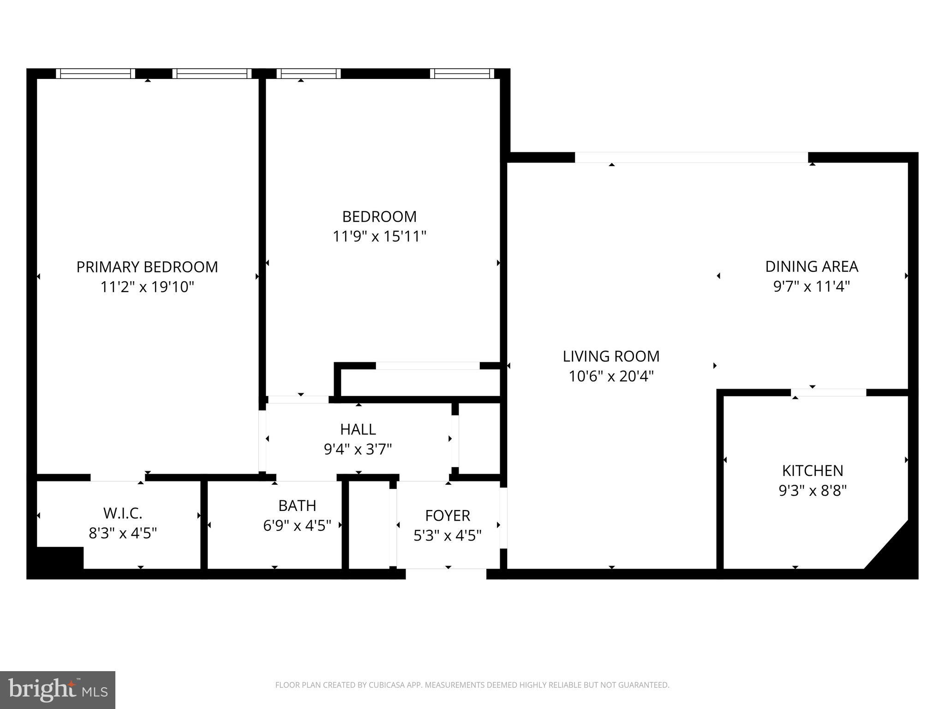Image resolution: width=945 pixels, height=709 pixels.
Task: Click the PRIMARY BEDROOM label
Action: pyautogui.click(x=147, y=267)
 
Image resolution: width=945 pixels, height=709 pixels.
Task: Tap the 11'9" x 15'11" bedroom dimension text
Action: pyautogui.click(x=379, y=236)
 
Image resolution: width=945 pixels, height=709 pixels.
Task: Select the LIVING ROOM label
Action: pyautogui.click(x=611, y=356)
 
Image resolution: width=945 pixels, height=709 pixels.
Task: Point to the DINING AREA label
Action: pyautogui.click(x=811, y=266)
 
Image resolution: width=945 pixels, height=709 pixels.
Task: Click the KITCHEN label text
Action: pyautogui.click(x=812, y=470)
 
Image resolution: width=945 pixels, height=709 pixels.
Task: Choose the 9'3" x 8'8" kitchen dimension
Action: pyautogui.click(x=812, y=490)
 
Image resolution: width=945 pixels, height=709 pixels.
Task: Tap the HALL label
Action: pyautogui.click(x=358, y=429)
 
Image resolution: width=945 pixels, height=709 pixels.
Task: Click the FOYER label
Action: pyautogui.click(x=447, y=515)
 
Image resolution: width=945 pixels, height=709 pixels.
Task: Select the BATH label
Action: pyautogui.click(x=297, y=505)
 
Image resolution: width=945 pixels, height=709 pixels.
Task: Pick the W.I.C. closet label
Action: pyautogui.click(x=122, y=513)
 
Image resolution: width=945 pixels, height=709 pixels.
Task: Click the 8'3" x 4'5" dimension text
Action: pyautogui.click(x=122, y=533)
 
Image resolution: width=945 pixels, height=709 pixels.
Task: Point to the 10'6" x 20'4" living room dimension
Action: pyautogui.click(x=611, y=376)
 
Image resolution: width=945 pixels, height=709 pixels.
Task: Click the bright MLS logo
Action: pyautogui.click(x=58, y=690)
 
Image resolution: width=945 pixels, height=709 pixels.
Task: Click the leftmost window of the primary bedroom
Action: pyautogui.click(x=96, y=73)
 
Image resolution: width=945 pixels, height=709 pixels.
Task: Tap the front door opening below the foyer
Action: pyautogui.click(x=446, y=574)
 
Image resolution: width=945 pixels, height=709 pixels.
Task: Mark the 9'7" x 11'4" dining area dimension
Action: pyautogui.click(x=811, y=287)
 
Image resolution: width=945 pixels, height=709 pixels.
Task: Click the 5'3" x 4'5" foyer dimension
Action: pyautogui.click(x=447, y=535)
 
